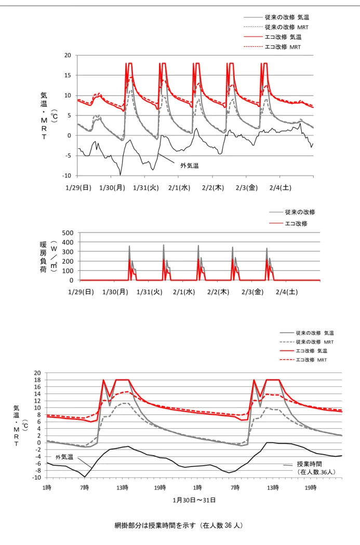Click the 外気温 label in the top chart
189,166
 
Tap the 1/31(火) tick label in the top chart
146,188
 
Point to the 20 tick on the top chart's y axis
68,55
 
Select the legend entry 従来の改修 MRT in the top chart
276,27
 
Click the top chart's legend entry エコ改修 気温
273,37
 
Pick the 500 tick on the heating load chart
68,233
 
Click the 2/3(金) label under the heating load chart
252,292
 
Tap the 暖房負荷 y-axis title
43,257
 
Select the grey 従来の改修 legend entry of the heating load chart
292,212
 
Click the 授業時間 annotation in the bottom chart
309,464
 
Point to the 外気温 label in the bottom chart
65,457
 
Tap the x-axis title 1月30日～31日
194,500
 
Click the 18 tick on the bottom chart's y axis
37,379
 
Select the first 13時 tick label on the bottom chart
122,488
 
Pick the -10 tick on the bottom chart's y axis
36,478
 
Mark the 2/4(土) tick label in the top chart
281,188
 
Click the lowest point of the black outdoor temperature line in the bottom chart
85,477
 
